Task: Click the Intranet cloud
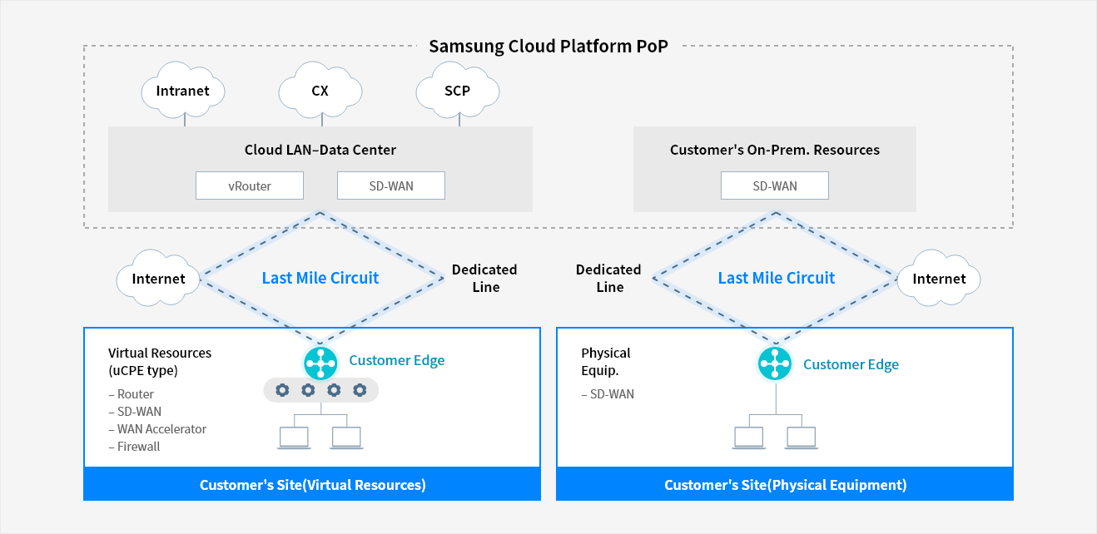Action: tap(183, 91)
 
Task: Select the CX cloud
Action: tap(320, 91)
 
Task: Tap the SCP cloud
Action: tap(457, 91)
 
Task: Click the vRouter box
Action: tap(250, 185)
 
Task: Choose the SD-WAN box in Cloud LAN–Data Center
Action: tap(391, 185)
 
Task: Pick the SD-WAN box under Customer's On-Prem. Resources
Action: tap(774, 185)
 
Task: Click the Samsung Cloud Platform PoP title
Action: tap(548, 46)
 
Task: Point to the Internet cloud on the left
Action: tap(158, 279)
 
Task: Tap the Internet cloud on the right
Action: tap(939, 279)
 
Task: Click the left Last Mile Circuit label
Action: tap(320, 278)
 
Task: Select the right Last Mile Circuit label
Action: tap(776, 278)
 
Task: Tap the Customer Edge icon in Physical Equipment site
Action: tap(775, 364)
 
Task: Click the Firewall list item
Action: tap(138, 447)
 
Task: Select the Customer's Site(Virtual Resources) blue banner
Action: tap(312, 485)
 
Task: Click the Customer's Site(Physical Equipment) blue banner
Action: tap(785, 485)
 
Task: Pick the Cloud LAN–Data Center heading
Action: tap(320, 150)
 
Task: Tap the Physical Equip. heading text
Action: tap(606, 361)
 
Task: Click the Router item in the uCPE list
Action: tap(135, 394)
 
